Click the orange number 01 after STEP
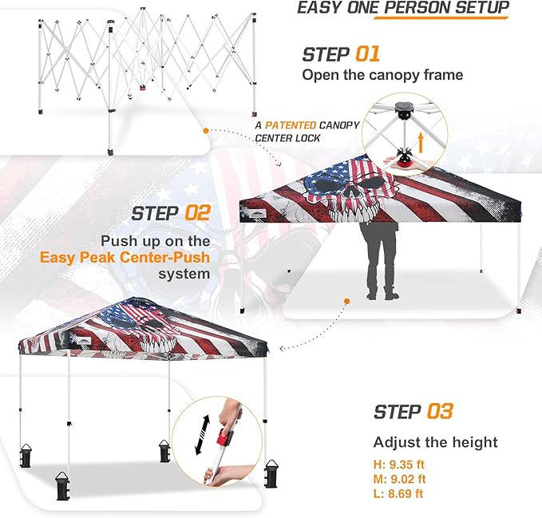tap(367, 54)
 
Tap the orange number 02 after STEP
tap(197, 213)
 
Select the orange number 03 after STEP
tap(440, 411)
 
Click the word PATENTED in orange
tap(291, 125)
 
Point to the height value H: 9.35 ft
tap(398, 465)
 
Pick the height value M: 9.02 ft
tap(399, 479)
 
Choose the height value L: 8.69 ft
tap(398, 493)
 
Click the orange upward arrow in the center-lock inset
tap(421, 143)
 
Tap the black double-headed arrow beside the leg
tap(203, 435)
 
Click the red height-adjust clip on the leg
tap(224, 437)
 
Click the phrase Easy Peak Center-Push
tap(125, 258)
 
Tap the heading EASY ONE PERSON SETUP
tap(403, 8)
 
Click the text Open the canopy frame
tap(382, 75)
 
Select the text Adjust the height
tap(436, 442)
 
